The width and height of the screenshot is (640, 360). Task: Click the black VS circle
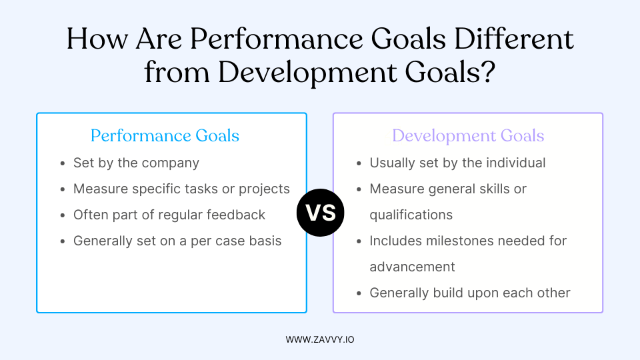[x=320, y=213]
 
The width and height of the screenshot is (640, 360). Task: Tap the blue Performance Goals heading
[x=165, y=136]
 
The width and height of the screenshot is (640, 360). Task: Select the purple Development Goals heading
[x=468, y=136]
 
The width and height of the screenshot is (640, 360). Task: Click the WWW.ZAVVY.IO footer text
[x=320, y=339]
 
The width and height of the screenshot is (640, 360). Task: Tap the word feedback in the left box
[x=237, y=215]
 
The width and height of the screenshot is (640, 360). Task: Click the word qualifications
[x=411, y=215]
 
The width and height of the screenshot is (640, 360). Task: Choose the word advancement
[x=412, y=267]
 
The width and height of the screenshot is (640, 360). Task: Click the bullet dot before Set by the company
[x=62, y=163]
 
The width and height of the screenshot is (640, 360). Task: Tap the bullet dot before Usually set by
[x=359, y=163]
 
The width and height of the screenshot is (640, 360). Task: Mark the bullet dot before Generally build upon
[x=359, y=293]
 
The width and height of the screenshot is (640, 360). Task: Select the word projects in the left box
[x=267, y=189]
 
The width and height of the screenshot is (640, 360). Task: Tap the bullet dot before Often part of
[x=62, y=215]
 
